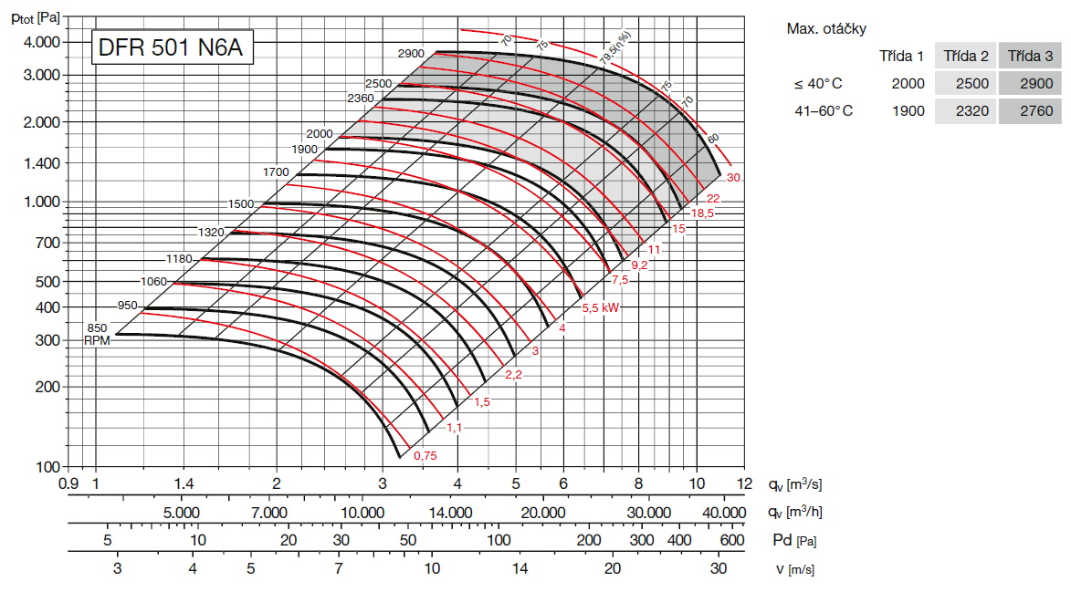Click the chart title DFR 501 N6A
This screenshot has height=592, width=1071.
tap(170, 47)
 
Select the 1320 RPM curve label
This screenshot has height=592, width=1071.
tap(211, 233)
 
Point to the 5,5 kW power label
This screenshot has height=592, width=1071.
tap(601, 308)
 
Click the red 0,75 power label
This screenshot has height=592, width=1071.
tap(425, 455)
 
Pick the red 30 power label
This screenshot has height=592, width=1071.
tap(732, 177)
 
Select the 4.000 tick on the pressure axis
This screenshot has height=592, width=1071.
tap(40, 42)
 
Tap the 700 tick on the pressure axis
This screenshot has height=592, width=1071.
tap(47, 243)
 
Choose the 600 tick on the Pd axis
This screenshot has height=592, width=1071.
tap(732, 540)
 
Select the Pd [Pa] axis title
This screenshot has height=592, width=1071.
tap(793, 540)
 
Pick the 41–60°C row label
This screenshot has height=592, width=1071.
tap(823, 111)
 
